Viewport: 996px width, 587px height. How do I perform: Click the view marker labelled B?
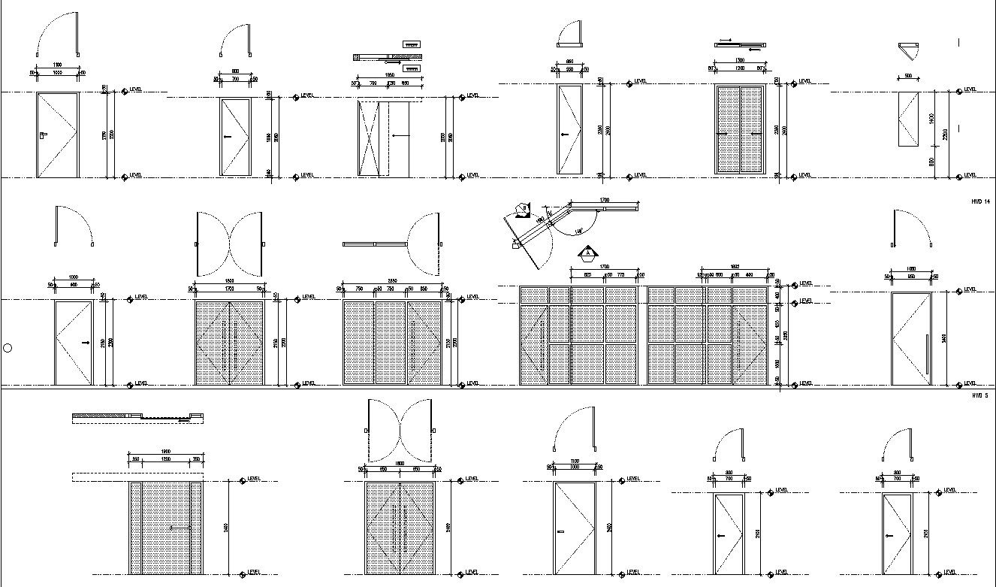click(x=524, y=208)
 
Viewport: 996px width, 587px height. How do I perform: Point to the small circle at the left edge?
click(x=8, y=347)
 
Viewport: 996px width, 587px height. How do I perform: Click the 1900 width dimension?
click(x=165, y=452)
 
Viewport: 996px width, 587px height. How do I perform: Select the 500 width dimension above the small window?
click(x=908, y=76)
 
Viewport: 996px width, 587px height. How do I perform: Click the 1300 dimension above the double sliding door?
click(x=740, y=60)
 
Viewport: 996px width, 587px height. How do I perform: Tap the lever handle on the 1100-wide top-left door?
click(x=44, y=135)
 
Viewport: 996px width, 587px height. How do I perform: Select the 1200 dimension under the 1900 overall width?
click(x=165, y=459)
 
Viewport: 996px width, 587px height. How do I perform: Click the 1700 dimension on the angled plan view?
click(x=605, y=200)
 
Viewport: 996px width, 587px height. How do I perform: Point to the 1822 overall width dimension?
click(x=735, y=267)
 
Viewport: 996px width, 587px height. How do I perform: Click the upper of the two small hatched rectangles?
click(x=411, y=44)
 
